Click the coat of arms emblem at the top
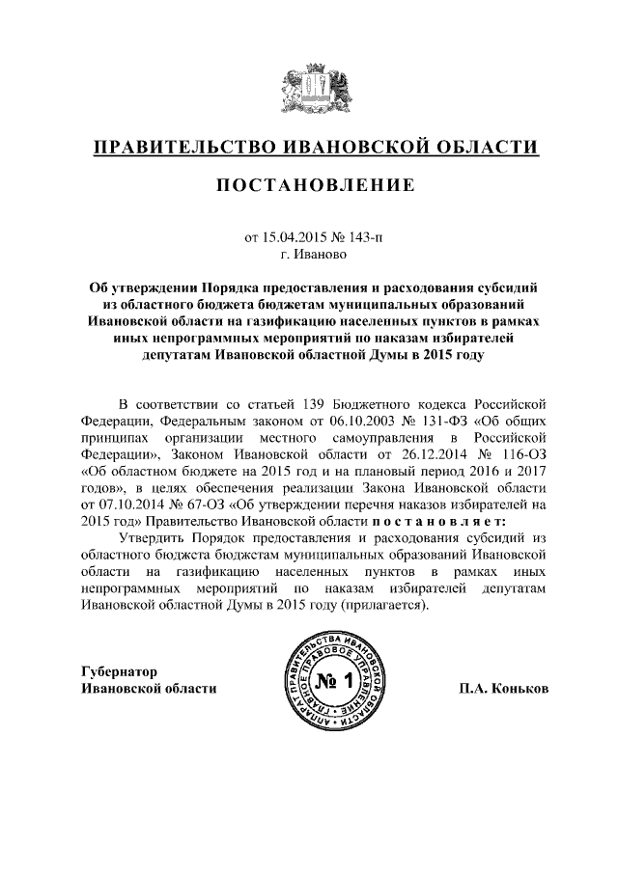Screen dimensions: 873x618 (309, 87)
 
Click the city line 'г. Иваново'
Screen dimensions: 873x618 (309, 256)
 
